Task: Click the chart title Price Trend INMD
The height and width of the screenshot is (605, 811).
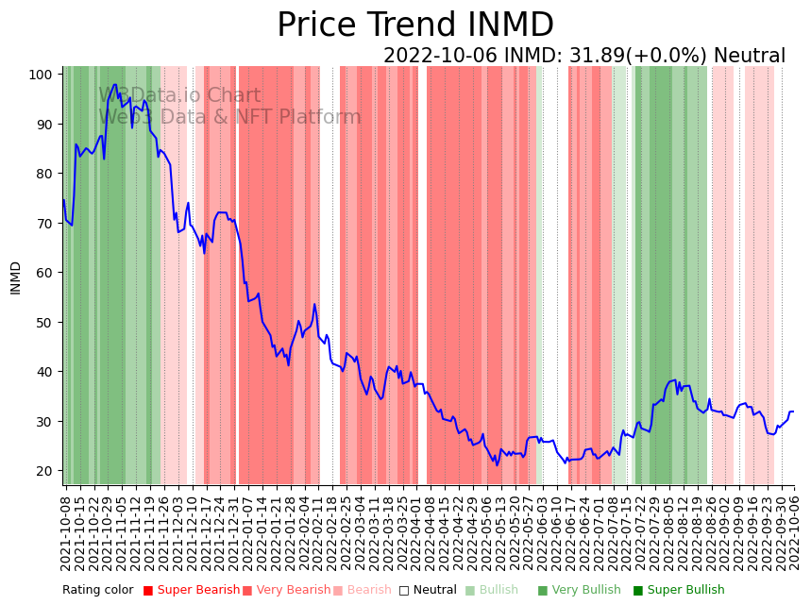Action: click(x=414, y=25)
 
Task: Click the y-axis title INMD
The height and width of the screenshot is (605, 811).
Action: click(x=15, y=277)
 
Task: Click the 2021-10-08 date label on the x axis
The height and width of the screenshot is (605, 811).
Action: click(x=65, y=534)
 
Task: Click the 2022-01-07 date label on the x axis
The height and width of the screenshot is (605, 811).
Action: click(x=246, y=534)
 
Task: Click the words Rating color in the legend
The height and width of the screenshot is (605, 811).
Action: click(x=98, y=591)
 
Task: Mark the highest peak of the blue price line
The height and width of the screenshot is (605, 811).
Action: click(x=115, y=84)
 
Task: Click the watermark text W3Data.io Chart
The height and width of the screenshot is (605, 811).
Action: click(x=179, y=95)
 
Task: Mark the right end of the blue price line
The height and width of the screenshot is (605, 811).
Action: click(x=794, y=412)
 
